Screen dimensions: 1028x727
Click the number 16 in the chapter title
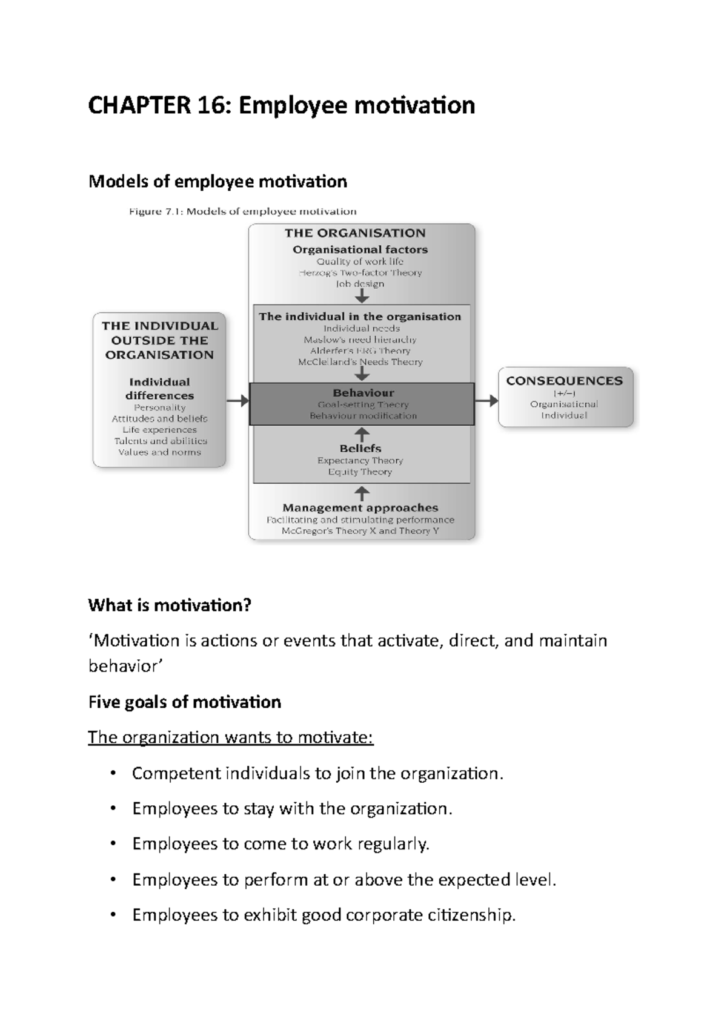tap(213, 105)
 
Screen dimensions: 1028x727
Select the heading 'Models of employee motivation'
tap(217, 182)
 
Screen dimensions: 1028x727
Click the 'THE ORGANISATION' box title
tap(355, 233)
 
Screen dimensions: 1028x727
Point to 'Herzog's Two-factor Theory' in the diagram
tap(360, 273)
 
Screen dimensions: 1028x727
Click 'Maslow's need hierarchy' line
tap(360, 340)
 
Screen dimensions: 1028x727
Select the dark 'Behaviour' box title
tap(363, 393)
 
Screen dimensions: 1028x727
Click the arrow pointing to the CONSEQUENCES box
tap(486, 400)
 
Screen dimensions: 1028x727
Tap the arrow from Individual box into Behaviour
tap(237, 400)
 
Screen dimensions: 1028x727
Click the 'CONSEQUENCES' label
tap(564, 381)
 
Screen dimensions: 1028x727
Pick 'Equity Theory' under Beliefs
tap(360, 472)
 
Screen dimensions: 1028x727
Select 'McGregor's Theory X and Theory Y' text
tap(360, 531)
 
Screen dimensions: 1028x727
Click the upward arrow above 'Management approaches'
tap(361, 493)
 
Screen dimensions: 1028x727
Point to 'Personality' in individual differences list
tap(159, 407)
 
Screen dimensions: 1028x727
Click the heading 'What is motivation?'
tap(170, 605)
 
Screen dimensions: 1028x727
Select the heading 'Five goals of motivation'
tap(184, 702)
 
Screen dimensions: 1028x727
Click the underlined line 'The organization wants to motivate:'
tap(231, 738)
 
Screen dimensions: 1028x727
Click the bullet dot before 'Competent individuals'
tap(112, 774)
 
